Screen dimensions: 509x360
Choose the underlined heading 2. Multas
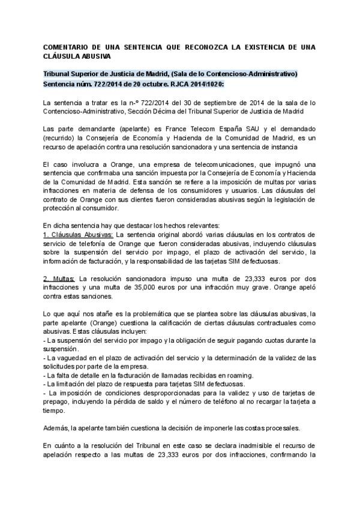coord(60,278)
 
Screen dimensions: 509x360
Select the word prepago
coord(59,401)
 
